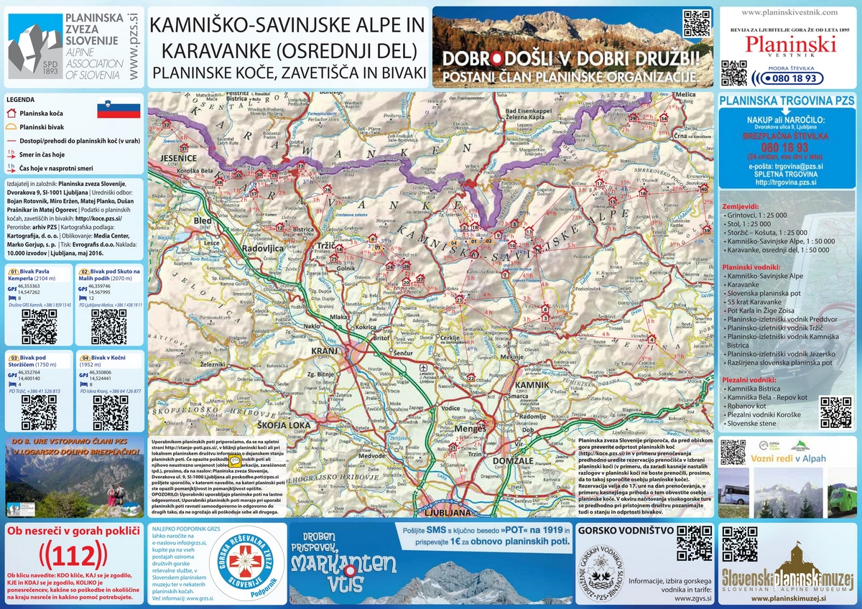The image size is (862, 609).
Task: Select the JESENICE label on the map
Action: coord(178,157)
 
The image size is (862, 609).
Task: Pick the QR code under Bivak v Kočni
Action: coord(110,412)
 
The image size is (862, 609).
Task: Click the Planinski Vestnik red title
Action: coord(790,44)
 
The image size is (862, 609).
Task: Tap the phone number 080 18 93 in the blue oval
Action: coord(794,78)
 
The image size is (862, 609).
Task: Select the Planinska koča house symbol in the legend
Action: coord(11,113)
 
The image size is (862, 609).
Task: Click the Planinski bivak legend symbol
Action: coord(11,126)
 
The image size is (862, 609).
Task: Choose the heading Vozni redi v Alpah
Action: coord(789,458)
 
